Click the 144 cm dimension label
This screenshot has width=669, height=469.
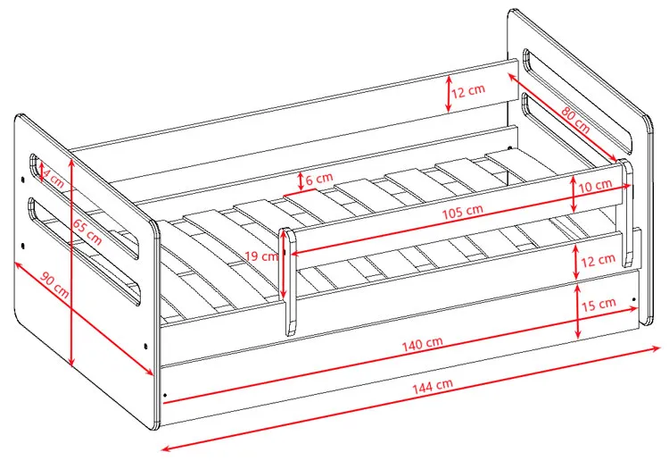coord(433,386)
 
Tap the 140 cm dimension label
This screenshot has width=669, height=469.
coord(423,344)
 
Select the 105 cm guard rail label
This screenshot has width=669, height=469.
coord(462,211)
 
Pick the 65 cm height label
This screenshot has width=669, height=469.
coord(87,231)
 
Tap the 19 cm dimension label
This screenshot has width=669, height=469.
coord(262,256)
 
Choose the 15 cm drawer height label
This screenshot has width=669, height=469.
coord(599,304)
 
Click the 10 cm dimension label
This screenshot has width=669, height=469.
coord(595,186)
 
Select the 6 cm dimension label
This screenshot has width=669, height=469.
coord(319,177)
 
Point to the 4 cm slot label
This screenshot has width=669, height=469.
coord(54,179)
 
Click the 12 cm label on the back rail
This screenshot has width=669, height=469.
coord(468,91)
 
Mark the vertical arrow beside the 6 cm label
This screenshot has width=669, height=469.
coord(301,181)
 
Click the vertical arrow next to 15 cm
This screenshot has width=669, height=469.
coord(578,311)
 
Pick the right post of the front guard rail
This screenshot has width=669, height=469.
coord(626,213)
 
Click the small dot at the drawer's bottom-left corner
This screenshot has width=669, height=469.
coord(165,396)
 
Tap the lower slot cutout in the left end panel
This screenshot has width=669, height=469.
coord(84,251)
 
